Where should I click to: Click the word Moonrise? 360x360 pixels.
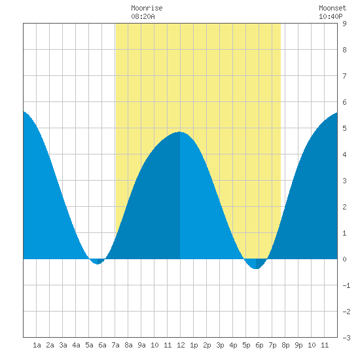[147, 8]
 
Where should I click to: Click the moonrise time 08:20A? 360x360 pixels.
[143, 16]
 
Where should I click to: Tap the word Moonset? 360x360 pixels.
[333, 8]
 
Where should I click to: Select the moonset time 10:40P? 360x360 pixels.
[331, 16]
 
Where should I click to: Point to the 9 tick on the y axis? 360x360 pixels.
[344, 24]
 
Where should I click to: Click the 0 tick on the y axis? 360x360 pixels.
[344, 259]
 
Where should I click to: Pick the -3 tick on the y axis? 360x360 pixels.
[346, 338]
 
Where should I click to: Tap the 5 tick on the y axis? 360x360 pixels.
[344, 128]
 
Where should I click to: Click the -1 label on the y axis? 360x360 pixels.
[346, 285]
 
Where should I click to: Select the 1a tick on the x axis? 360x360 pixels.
[37, 345]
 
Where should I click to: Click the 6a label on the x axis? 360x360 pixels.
[102, 345]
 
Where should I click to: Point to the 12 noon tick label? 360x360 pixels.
[181, 345]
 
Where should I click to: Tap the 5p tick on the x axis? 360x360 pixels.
[246, 345]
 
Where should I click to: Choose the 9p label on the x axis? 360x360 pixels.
[298, 345]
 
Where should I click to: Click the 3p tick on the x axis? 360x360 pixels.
[220, 345]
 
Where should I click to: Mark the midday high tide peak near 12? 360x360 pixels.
[180, 132]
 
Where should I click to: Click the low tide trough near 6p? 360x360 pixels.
[256, 268]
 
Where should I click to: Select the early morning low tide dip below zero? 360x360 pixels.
[98, 264]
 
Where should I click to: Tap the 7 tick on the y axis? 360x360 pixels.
[344, 76]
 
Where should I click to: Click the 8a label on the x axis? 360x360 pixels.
[128, 345]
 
